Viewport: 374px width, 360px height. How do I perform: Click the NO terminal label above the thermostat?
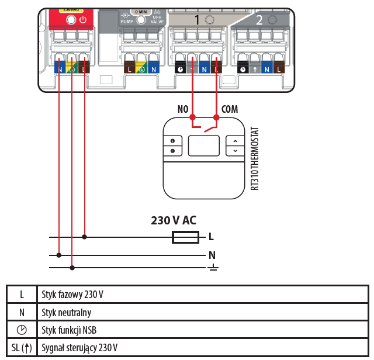coord(183,109)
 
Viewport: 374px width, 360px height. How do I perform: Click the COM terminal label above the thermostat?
coord(230,109)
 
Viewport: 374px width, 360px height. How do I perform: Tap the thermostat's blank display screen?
coord(204,146)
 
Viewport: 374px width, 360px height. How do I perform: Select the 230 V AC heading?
coord(174,220)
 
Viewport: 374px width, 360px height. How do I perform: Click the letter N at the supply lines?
coord(212,255)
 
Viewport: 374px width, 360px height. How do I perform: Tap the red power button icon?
coord(83,19)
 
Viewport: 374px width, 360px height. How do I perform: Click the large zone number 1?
coord(197,20)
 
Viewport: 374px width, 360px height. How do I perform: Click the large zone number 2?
coord(259,20)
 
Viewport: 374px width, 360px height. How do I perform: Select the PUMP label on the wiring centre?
coord(127,22)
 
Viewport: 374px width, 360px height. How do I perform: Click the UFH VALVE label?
coord(157,19)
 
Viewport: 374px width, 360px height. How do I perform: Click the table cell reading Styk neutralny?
coord(67,312)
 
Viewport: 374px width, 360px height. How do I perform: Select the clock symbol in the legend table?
coord(22,330)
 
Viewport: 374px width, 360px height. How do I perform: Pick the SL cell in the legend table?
coord(22,348)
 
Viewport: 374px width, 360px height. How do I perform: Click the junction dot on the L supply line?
coord(85,237)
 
